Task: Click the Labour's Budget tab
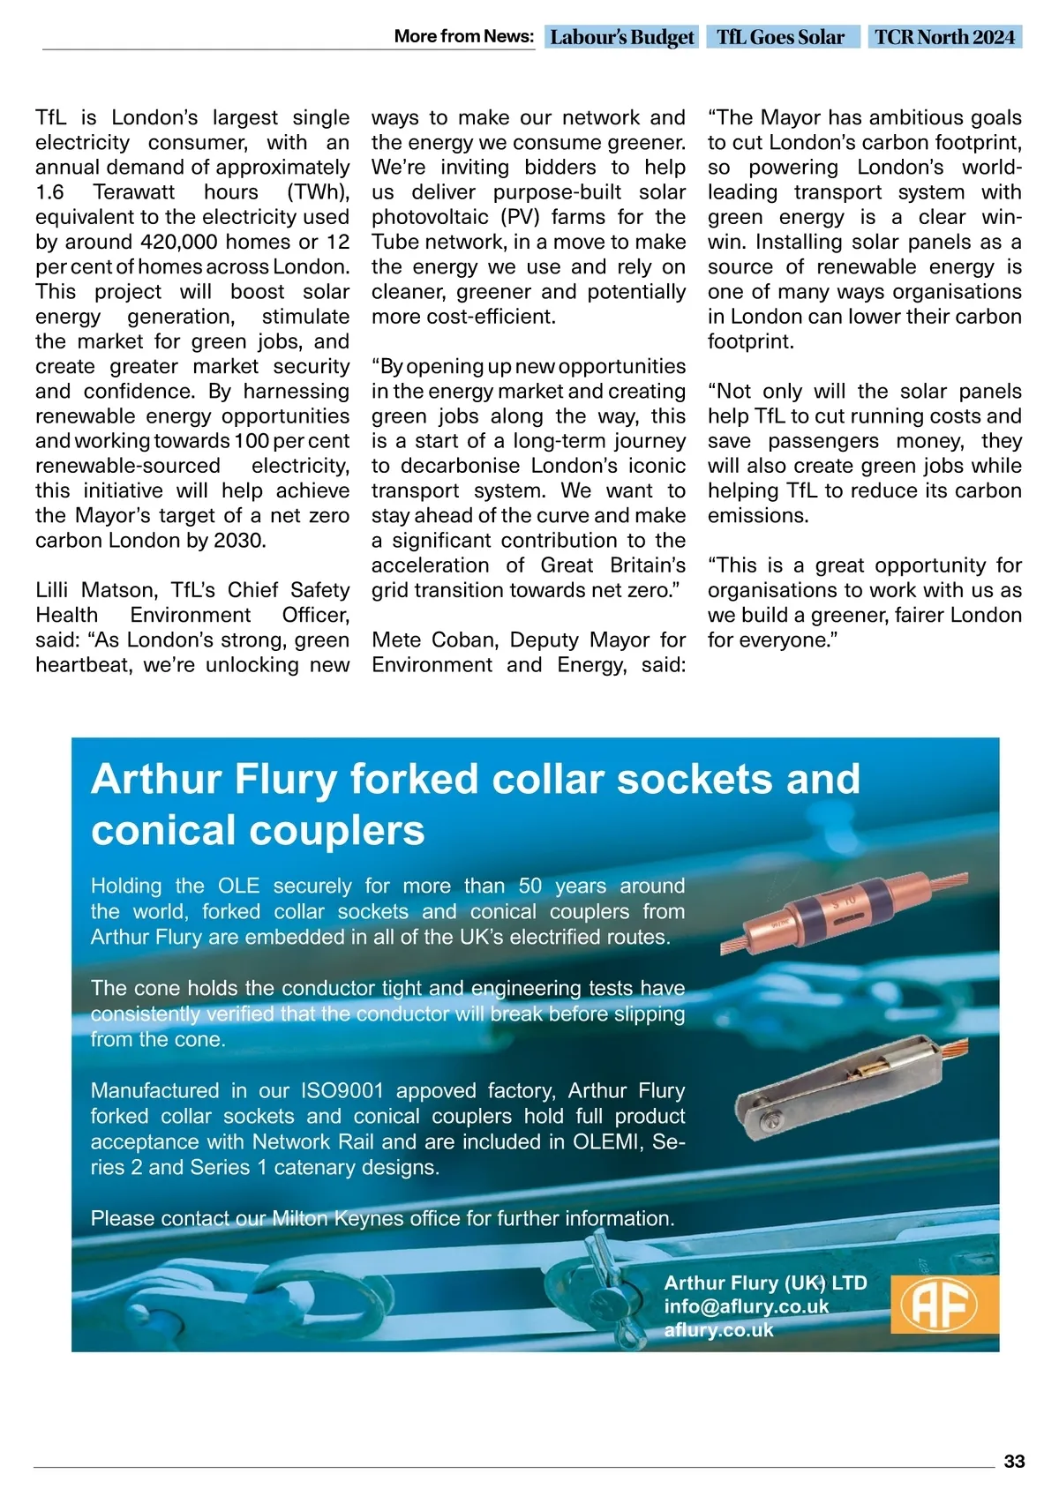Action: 622,37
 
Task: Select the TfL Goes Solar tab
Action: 781,37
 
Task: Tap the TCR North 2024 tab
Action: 944,37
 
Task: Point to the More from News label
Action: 464,36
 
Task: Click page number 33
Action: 1014,1462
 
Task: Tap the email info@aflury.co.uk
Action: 747,1306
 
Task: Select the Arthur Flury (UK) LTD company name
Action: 765,1283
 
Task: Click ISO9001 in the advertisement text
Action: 342,1090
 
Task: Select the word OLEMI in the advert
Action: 609,1141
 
